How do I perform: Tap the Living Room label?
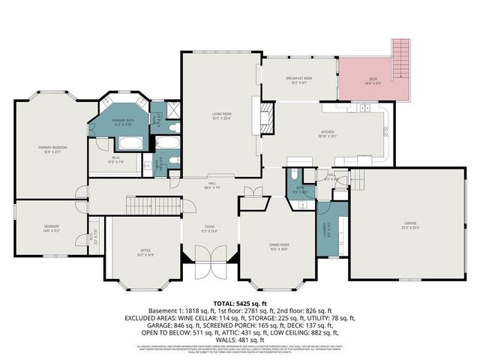220,115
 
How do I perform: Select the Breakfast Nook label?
298,79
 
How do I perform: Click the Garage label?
411,225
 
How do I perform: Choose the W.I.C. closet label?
117,159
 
